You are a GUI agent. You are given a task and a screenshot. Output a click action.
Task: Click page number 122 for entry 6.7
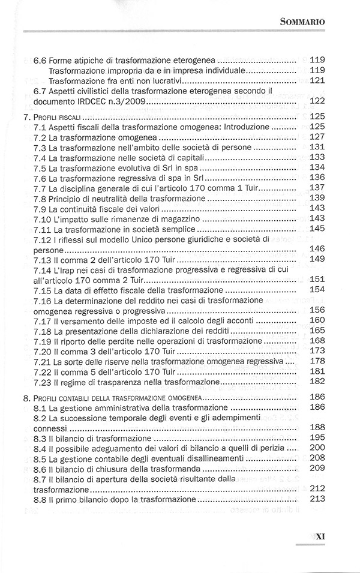point(317,101)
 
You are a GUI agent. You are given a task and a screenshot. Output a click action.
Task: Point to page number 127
point(317,137)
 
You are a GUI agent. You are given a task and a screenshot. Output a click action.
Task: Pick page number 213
point(317,499)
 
